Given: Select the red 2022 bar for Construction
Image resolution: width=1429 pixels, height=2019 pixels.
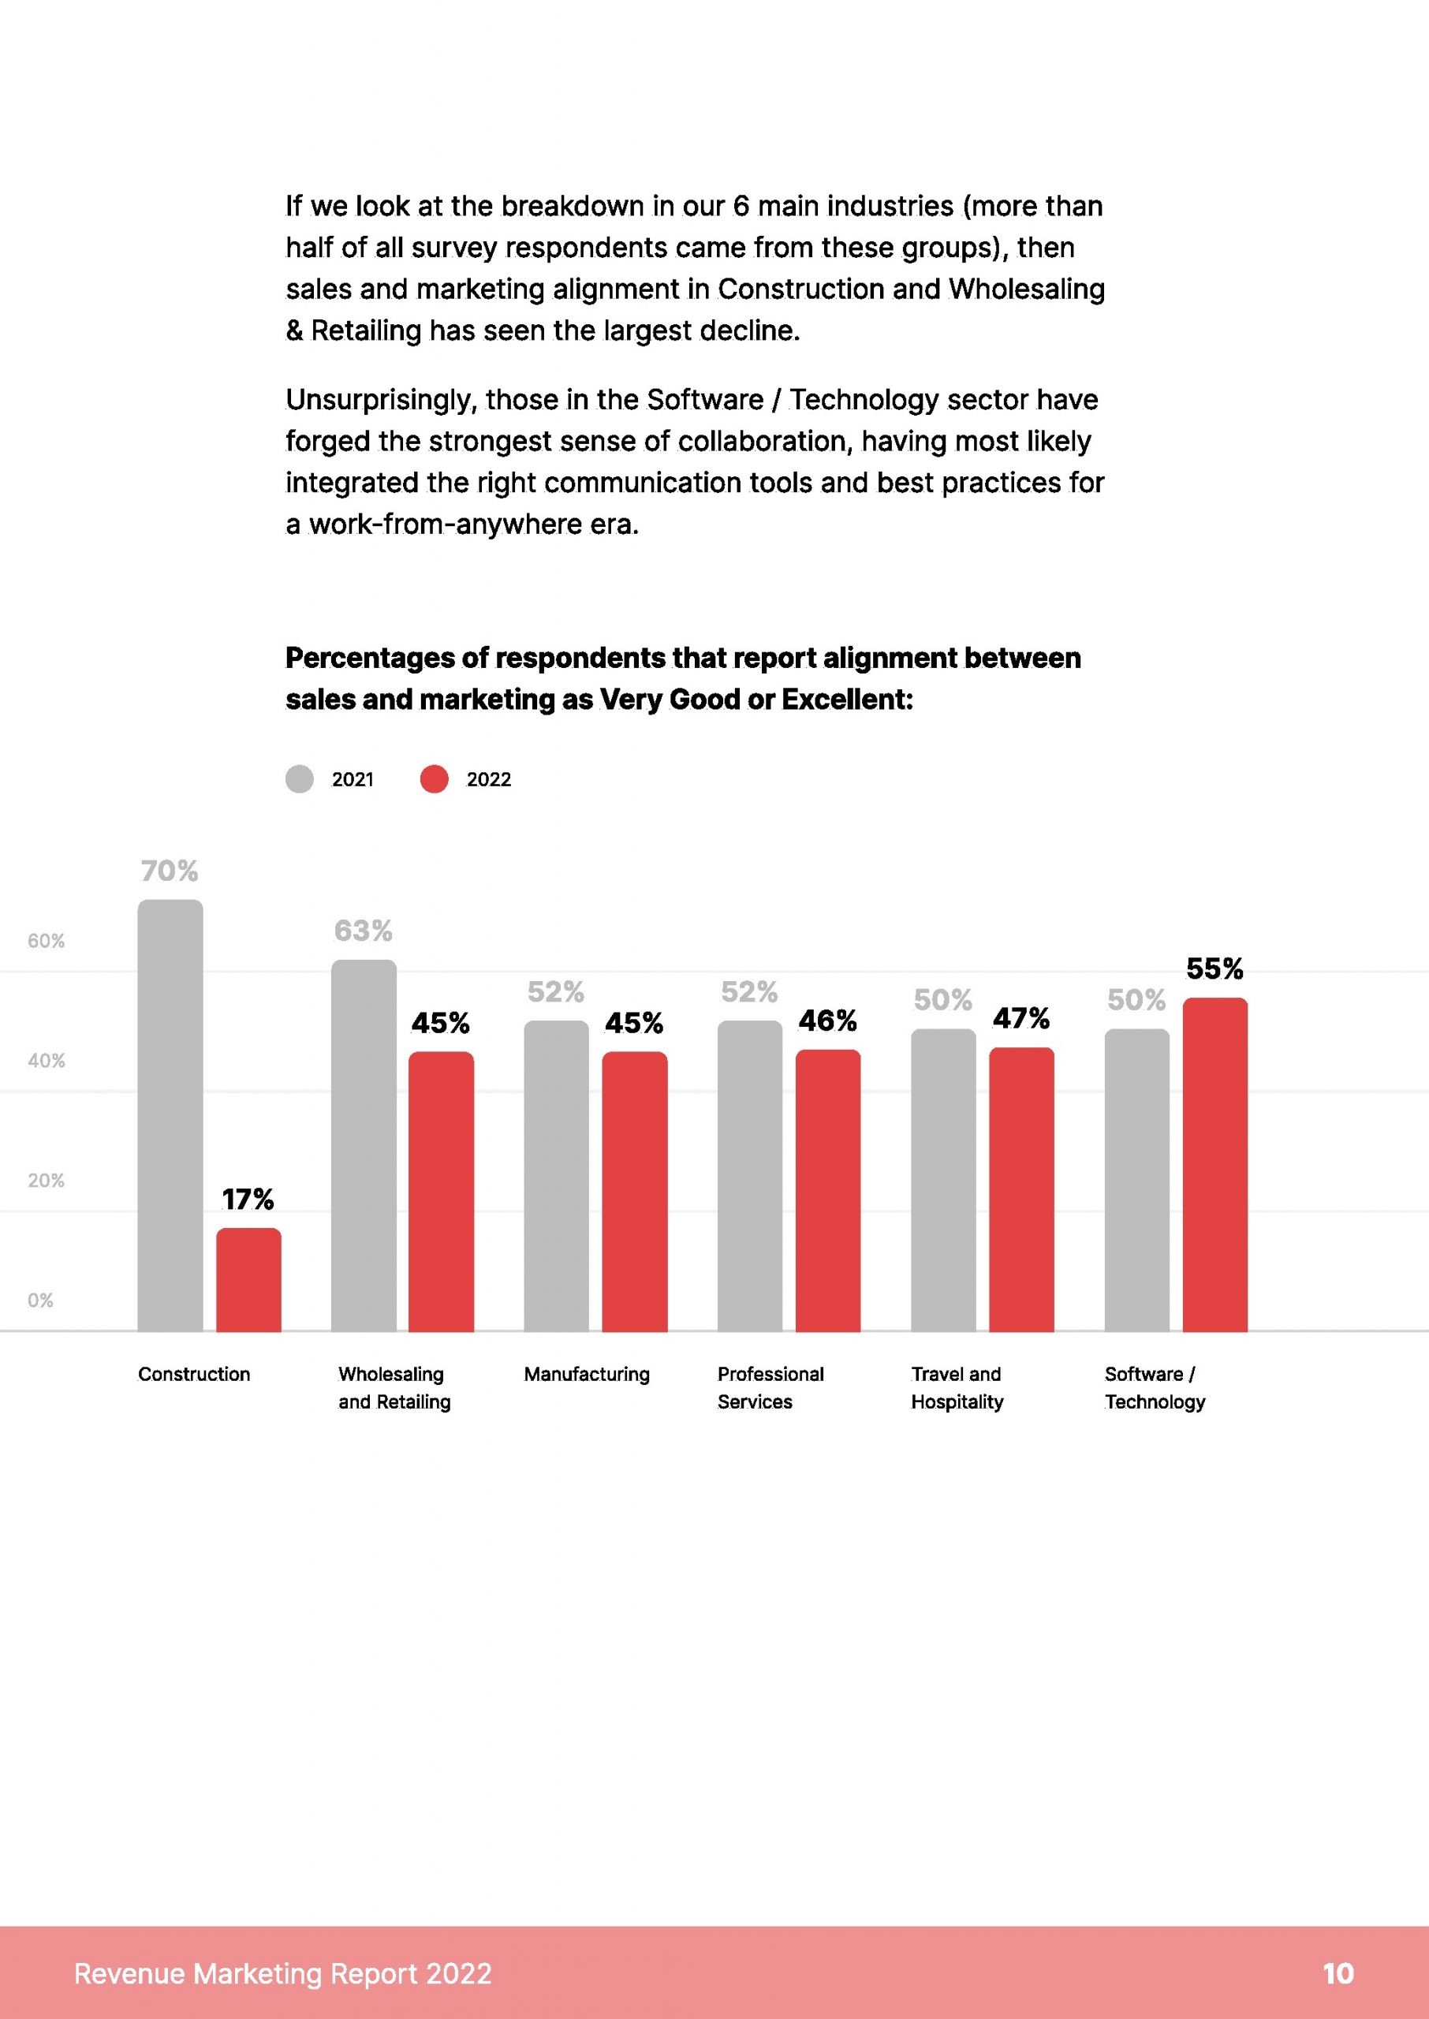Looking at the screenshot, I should tap(248, 1279).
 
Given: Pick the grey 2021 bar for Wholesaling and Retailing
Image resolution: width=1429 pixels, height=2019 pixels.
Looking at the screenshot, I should tap(364, 1144).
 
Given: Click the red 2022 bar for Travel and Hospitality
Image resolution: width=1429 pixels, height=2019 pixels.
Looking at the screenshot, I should tap(1020, 1189).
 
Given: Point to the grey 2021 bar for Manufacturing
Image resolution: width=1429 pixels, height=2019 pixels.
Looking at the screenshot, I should tap(556, 1175).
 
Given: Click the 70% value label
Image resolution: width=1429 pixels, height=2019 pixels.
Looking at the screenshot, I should tap(170, 871).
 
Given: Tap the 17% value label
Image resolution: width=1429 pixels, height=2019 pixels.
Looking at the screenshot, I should tap(248, 1199).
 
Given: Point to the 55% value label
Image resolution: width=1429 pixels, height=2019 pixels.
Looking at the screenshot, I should tap(1214, 968).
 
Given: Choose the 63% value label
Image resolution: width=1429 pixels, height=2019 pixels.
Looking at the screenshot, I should tap(364, 931).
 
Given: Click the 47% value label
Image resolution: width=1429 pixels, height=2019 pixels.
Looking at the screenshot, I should tap(1020, 1019).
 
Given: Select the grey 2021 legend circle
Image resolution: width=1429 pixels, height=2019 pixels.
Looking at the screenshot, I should tap(299, 778).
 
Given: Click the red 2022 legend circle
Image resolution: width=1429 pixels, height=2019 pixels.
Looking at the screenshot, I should tap(434, 778).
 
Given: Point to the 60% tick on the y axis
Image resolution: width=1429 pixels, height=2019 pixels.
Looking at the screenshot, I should tap(46, 940).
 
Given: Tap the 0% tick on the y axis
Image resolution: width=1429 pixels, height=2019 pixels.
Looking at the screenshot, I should tap(40, 1300).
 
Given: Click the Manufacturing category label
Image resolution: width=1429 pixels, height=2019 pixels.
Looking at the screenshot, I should tap(587, 1374).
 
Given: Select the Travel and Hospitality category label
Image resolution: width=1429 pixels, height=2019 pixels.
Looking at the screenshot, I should tap(957, 1387).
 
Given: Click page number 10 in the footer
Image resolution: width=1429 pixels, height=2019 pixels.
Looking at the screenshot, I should tap(1338, 1973).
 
